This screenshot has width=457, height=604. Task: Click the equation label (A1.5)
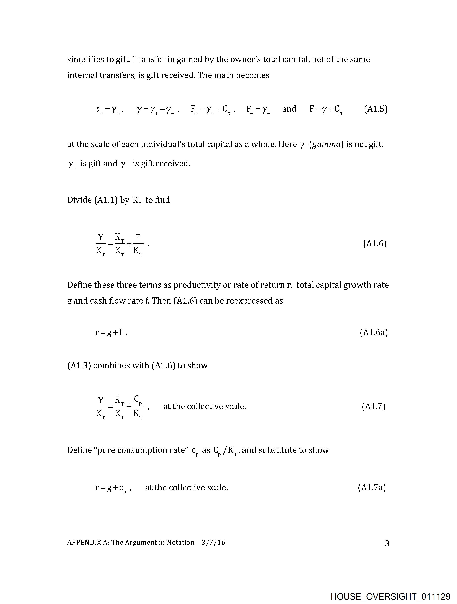tap(376, 109)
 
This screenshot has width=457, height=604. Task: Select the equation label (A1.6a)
tap(374, 332)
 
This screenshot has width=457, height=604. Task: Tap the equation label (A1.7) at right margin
tap(373, 407)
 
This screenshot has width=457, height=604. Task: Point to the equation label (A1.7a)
tap(372, 488)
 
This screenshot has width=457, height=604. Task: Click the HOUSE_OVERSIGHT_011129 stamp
tap(390, 596)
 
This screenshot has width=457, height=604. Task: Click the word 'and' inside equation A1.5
tap(289, 109)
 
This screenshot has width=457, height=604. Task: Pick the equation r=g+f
tap(109, 333)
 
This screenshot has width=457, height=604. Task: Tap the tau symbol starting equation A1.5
tap(98, 110)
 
